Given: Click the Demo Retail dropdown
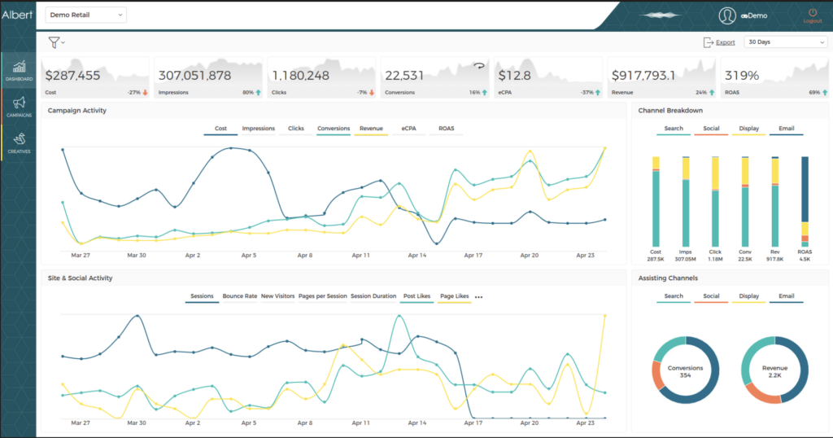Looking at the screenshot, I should point(86,15).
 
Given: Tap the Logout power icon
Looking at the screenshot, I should point(812,14).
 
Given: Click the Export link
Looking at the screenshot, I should point(725,42).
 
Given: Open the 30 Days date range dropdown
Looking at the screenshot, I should point(785,42).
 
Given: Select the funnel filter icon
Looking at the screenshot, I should point(55,42).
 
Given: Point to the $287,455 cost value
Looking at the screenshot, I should point(72,75).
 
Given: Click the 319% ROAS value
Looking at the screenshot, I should point(742,75).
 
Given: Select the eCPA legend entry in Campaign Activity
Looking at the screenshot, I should point(408,129).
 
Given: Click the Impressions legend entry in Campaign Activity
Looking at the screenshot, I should point(258,129).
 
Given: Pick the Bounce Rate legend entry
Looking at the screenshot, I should point(239,296).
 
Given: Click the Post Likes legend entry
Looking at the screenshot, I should point(416,296).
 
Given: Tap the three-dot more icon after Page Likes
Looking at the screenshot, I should point(478,297).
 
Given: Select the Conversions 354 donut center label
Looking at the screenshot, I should point(685,370).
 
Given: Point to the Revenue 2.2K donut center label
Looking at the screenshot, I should point(774,370).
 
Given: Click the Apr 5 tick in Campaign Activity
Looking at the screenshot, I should point(248,255).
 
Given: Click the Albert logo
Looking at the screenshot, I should point(17,15).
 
